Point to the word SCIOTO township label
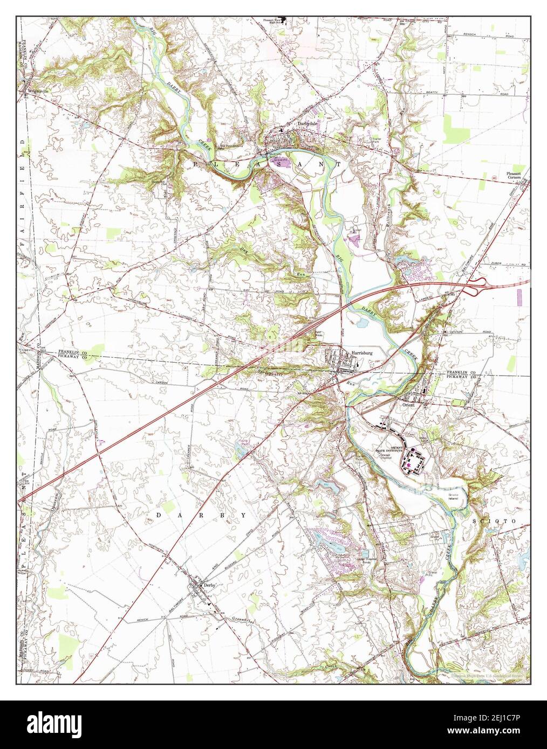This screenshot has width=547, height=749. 501,522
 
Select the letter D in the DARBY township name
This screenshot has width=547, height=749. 159,516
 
